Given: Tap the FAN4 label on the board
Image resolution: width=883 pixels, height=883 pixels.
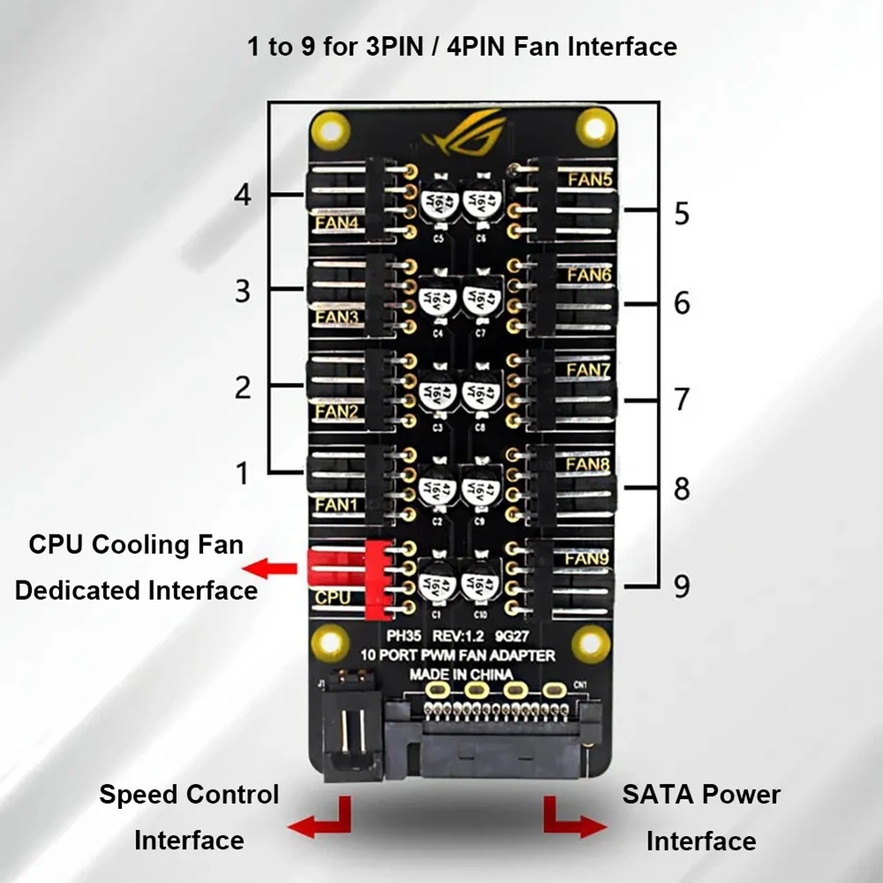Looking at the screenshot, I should [x=337, y=224].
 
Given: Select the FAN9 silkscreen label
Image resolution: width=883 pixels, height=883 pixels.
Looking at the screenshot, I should [x=587, y=557].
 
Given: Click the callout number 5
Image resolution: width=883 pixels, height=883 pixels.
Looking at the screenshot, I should [x=681, y=213].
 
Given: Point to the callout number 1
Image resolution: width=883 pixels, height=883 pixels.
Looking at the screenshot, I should [x=243, y=474].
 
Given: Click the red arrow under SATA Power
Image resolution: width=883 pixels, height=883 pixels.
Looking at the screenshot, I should [x=573, y=821].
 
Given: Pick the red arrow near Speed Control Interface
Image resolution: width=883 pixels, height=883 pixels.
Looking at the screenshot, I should [x=322, y=821].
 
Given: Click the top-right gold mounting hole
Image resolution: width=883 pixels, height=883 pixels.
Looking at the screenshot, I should [x=595, y=126].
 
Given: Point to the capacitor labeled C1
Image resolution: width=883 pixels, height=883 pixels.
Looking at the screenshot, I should [x=435, y=585].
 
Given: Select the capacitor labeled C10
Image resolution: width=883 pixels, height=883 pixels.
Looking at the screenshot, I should [x=482, y=585].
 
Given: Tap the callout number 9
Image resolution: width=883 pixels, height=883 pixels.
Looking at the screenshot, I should [x=681, y=586].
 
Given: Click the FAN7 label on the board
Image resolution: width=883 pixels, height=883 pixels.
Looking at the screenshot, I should [x=587, y=370].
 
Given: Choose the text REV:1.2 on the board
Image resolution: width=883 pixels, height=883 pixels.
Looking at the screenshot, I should [x=463, y=634].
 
